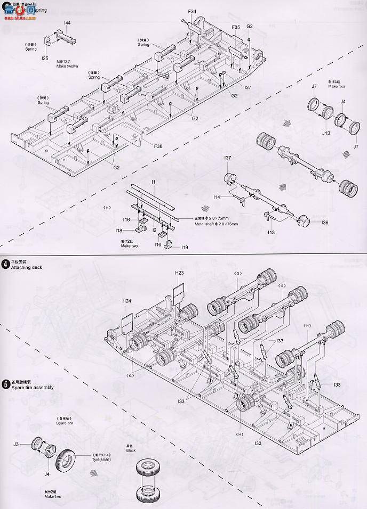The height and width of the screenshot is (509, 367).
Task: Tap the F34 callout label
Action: point(192,11)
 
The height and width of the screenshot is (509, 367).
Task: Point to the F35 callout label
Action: point(236,27)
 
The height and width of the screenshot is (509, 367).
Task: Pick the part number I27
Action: point(248,87)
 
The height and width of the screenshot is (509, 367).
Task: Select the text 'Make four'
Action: point(337,86)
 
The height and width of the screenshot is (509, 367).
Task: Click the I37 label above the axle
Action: point(227,158)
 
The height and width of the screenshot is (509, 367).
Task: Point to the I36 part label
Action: point(325,223)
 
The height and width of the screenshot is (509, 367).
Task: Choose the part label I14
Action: point(217,197)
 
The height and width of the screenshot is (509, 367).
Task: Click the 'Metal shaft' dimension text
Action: point(209,224)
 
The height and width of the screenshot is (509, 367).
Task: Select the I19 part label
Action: point(184,248)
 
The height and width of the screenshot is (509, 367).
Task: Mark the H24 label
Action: point(126,301)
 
